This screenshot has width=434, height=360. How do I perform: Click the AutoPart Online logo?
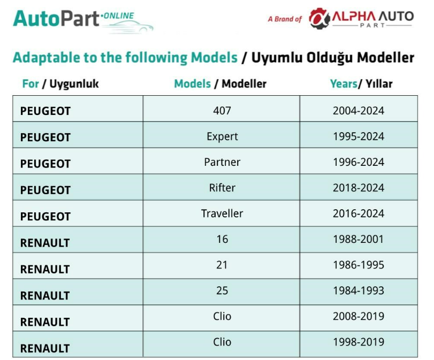[x=82, y=21]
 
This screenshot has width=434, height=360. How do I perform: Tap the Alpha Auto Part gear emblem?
[x=319, y=18]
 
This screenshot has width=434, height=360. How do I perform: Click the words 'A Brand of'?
[x=285, y=19]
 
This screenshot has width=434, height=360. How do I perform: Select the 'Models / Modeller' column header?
[x=220, y=84]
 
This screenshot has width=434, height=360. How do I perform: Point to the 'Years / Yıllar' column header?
[x=361, y=84]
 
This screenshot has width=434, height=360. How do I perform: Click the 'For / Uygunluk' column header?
[x=60, y=84]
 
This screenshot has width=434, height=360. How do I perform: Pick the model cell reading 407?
[x=222, y=111]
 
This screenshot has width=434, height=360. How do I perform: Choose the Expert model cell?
[x=222, y=137]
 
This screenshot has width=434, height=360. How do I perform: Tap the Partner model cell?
[x=222, y=162]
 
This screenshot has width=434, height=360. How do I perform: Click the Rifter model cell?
[x=222, y=188]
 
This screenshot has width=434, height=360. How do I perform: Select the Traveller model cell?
[x=222, y=213]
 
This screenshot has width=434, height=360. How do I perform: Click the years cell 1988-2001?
[x=359, y=239]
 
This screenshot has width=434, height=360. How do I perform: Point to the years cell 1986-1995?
[x=359, y=265]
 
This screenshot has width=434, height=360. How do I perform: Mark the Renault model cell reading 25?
[x=222, y=290]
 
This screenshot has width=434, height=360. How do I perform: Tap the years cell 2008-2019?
[x=359, y=316]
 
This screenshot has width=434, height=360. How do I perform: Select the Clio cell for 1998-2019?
[x=222, y=342]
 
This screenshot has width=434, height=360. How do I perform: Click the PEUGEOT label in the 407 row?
[x=45, y=111]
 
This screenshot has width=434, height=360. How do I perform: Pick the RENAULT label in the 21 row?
[x=45, y=269]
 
